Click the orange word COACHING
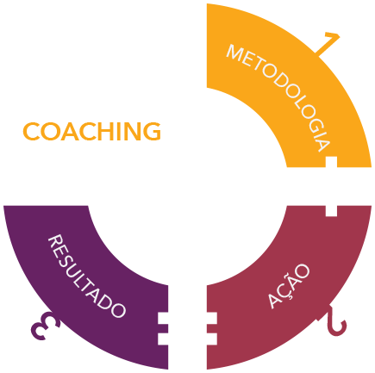pos(91,132)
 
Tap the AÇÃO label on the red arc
pos(289,286)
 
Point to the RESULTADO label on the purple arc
pos(86,277)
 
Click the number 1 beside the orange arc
pos(328,43)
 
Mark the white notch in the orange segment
pos(331,162)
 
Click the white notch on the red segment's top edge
pos(331,211)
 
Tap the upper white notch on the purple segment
pos(163,319)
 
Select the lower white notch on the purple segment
pos(163,339)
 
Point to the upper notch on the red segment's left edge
pos(212,319)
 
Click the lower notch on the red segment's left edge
pos(212,339)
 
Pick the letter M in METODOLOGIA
pos(234,53)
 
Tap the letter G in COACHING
pos(152,132)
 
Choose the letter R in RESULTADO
pos(55,242)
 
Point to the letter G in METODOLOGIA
pos(314,124)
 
